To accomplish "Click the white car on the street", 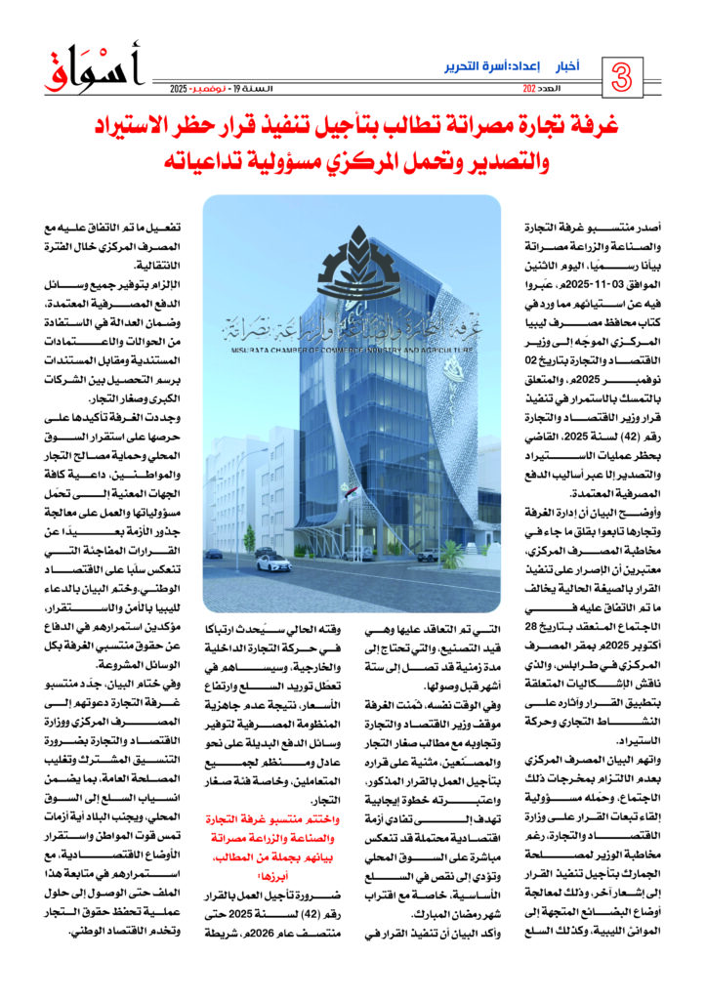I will (273, 563).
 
